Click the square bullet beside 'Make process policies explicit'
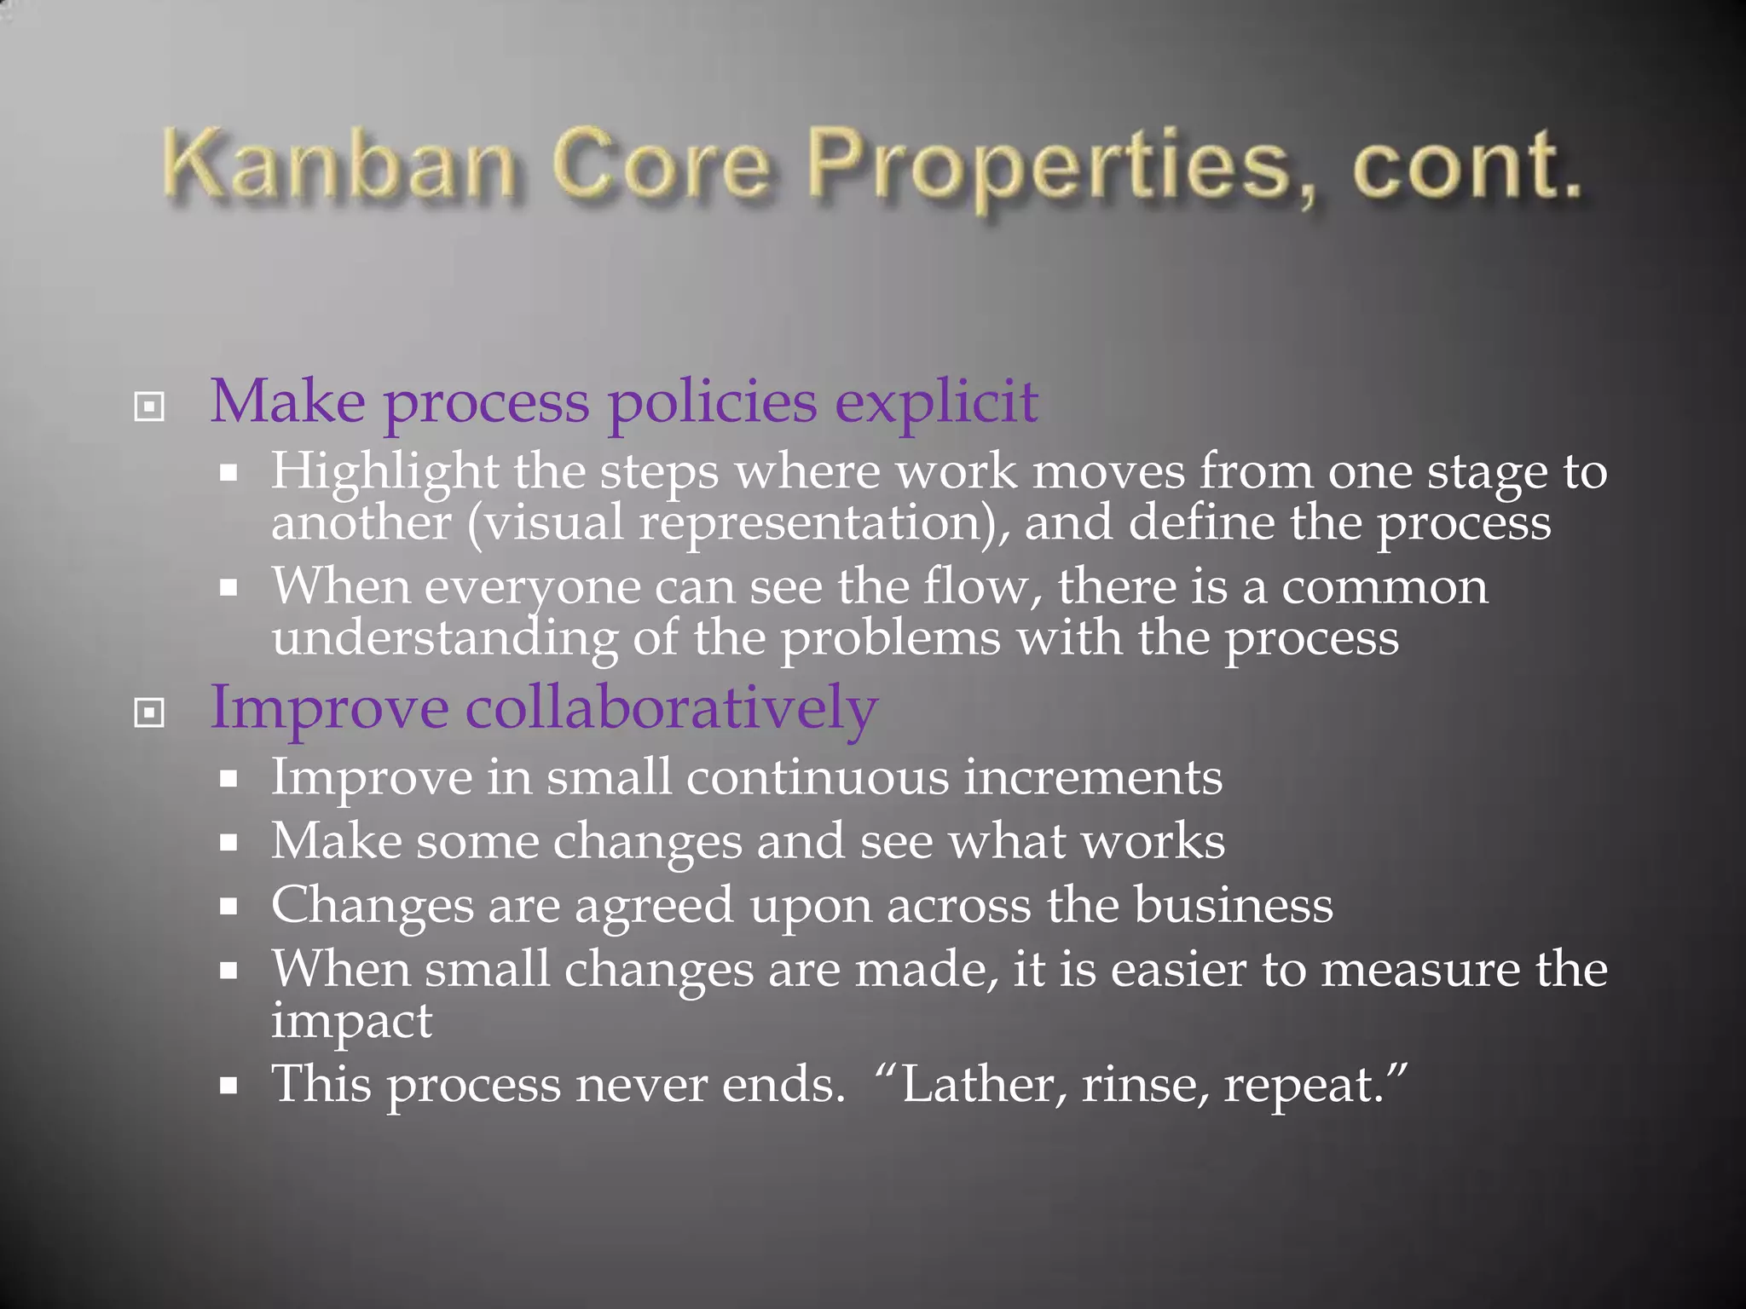(149, 407)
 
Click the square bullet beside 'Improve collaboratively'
(149, 712)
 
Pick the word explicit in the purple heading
(935, 402)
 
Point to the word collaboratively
(671, 708)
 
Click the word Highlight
(384, 471)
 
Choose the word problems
(890, 638)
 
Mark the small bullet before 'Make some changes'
(228, 843)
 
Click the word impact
(351, 1021)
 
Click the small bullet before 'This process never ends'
(228, 1087)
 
